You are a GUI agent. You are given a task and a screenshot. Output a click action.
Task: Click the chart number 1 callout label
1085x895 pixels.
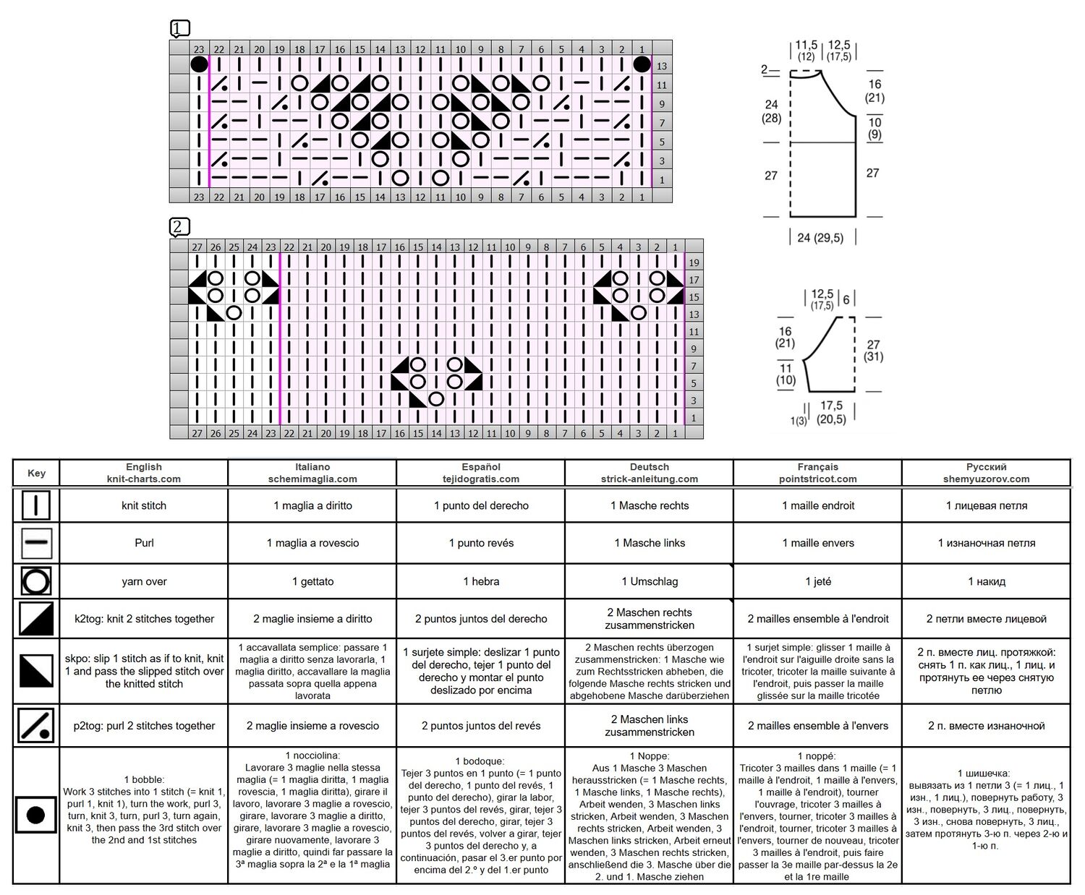point(180,29)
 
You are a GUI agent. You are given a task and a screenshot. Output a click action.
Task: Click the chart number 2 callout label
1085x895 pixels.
point(179,226)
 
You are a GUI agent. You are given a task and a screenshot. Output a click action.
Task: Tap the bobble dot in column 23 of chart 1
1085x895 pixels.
point(199,64)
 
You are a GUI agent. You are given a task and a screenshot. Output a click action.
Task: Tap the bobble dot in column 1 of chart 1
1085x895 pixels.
point(642,64)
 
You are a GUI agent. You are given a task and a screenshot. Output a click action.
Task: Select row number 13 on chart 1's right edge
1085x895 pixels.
point(662,66)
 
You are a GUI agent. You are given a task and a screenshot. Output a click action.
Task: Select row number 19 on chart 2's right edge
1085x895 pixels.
point(694,262)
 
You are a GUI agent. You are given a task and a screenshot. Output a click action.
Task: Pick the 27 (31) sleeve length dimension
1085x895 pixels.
point(874,351)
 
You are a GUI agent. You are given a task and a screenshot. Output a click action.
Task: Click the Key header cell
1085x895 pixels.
point(36,473)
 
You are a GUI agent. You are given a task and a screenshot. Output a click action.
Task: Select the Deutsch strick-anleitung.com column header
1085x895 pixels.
point(649,473)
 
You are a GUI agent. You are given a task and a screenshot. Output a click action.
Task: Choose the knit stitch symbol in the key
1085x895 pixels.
point(36,505)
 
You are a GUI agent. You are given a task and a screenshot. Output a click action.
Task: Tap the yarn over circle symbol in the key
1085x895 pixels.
point(36,581)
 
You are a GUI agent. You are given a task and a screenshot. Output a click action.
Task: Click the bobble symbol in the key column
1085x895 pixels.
point(35,815)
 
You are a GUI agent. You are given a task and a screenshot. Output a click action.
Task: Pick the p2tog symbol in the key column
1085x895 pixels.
point(35,725)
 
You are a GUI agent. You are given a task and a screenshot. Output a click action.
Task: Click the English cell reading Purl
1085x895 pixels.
point(144,543)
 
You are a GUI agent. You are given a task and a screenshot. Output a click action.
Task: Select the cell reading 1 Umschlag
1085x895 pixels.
point(650,581)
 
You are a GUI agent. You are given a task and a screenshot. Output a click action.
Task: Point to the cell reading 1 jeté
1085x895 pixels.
point(818,581)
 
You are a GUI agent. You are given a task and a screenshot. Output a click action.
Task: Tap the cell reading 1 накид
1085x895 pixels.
point(987,581)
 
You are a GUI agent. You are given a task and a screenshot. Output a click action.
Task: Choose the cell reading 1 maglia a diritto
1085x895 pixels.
point(312,505)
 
